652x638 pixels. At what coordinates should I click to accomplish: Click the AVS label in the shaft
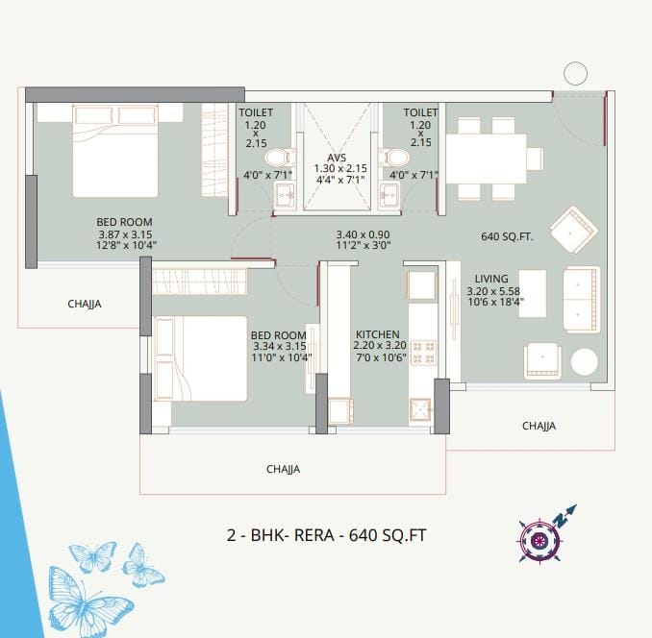click(x=337, y=158)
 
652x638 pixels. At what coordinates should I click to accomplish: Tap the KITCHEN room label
click(x=377, y=334)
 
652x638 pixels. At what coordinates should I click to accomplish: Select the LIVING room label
click(x=491, y=279)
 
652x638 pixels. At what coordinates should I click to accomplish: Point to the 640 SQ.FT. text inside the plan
click(x=507, y=236)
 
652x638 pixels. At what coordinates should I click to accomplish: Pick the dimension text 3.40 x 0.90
click(x=363, y=234)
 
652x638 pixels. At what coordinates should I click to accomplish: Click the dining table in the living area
click(x=486, y=159)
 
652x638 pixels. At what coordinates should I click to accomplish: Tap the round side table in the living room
click(x=585, y=362)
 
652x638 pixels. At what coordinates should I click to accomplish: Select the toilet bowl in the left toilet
click(x=280, y=158)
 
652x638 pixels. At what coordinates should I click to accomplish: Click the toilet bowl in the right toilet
click(x=393, y=158)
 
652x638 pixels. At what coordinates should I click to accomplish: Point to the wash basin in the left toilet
click(x=285, y=194)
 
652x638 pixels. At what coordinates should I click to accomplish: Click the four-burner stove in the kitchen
click(x=423, y=353)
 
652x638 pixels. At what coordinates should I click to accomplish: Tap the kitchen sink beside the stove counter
click(x=421, y=409)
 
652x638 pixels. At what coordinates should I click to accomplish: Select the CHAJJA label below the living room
click(x=539, y=426)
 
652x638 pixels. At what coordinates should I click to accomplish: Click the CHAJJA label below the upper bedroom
click(x=85, y=304)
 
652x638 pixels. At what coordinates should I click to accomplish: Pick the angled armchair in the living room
click(x=574, y=230)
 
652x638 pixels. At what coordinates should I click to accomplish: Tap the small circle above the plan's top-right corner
click(x=575, y=74)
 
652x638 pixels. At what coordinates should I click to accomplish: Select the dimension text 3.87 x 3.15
click(x=125, y=234)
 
